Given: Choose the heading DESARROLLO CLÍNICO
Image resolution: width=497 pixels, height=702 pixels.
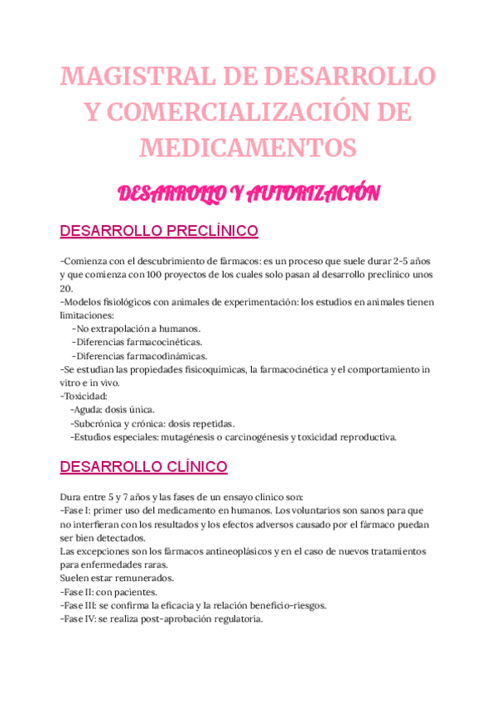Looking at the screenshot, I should tap(144, 468).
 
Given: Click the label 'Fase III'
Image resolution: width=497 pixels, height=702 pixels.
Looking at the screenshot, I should tap(80, 604).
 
